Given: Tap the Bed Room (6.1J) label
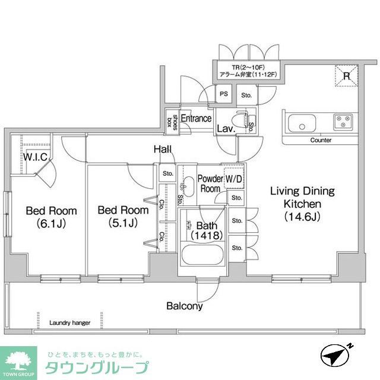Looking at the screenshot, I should coord(51,217).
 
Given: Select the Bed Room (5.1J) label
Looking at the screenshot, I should coord(123,217).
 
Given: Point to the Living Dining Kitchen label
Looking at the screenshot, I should coord(302,204).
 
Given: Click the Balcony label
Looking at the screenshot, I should coord(184,306).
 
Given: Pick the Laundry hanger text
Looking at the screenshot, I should coord(69,323).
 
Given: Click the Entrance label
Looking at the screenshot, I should coord(196,118).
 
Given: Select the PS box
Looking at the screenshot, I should coord(223,94).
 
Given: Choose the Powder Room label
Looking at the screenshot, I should coord(210,183).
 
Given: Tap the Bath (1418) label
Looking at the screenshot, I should coord(207,230).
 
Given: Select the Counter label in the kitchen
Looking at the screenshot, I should coord(321,141).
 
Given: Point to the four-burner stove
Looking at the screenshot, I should coord(343,122).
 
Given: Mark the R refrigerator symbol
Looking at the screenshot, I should coord(347,75).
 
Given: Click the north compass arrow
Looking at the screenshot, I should coord(337,355).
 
